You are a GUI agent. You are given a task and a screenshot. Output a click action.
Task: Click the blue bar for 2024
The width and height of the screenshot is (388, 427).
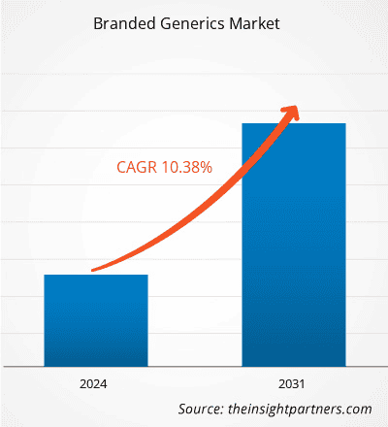pyautogui.click(x=95, y=320)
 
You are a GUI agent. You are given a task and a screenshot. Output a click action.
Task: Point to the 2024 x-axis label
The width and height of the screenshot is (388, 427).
pyautogui.click(x=95, y=382)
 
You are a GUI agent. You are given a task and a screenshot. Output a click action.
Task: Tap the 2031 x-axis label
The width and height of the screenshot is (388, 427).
pyautogui.click(x=293, y=382)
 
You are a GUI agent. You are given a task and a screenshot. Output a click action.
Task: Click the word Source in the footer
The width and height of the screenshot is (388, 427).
pyautogui.click(x=201, y=409)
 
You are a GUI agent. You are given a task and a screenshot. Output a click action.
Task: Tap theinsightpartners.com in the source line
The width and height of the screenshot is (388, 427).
pyautogui.click(x=300, y=409)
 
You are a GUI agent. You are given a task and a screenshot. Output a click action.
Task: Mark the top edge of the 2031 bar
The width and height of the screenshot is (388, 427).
pyautogui.click(x=293, y=123)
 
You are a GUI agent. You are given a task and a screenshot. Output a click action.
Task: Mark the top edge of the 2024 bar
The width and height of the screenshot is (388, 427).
pyautogui.click(x=95, y=275)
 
